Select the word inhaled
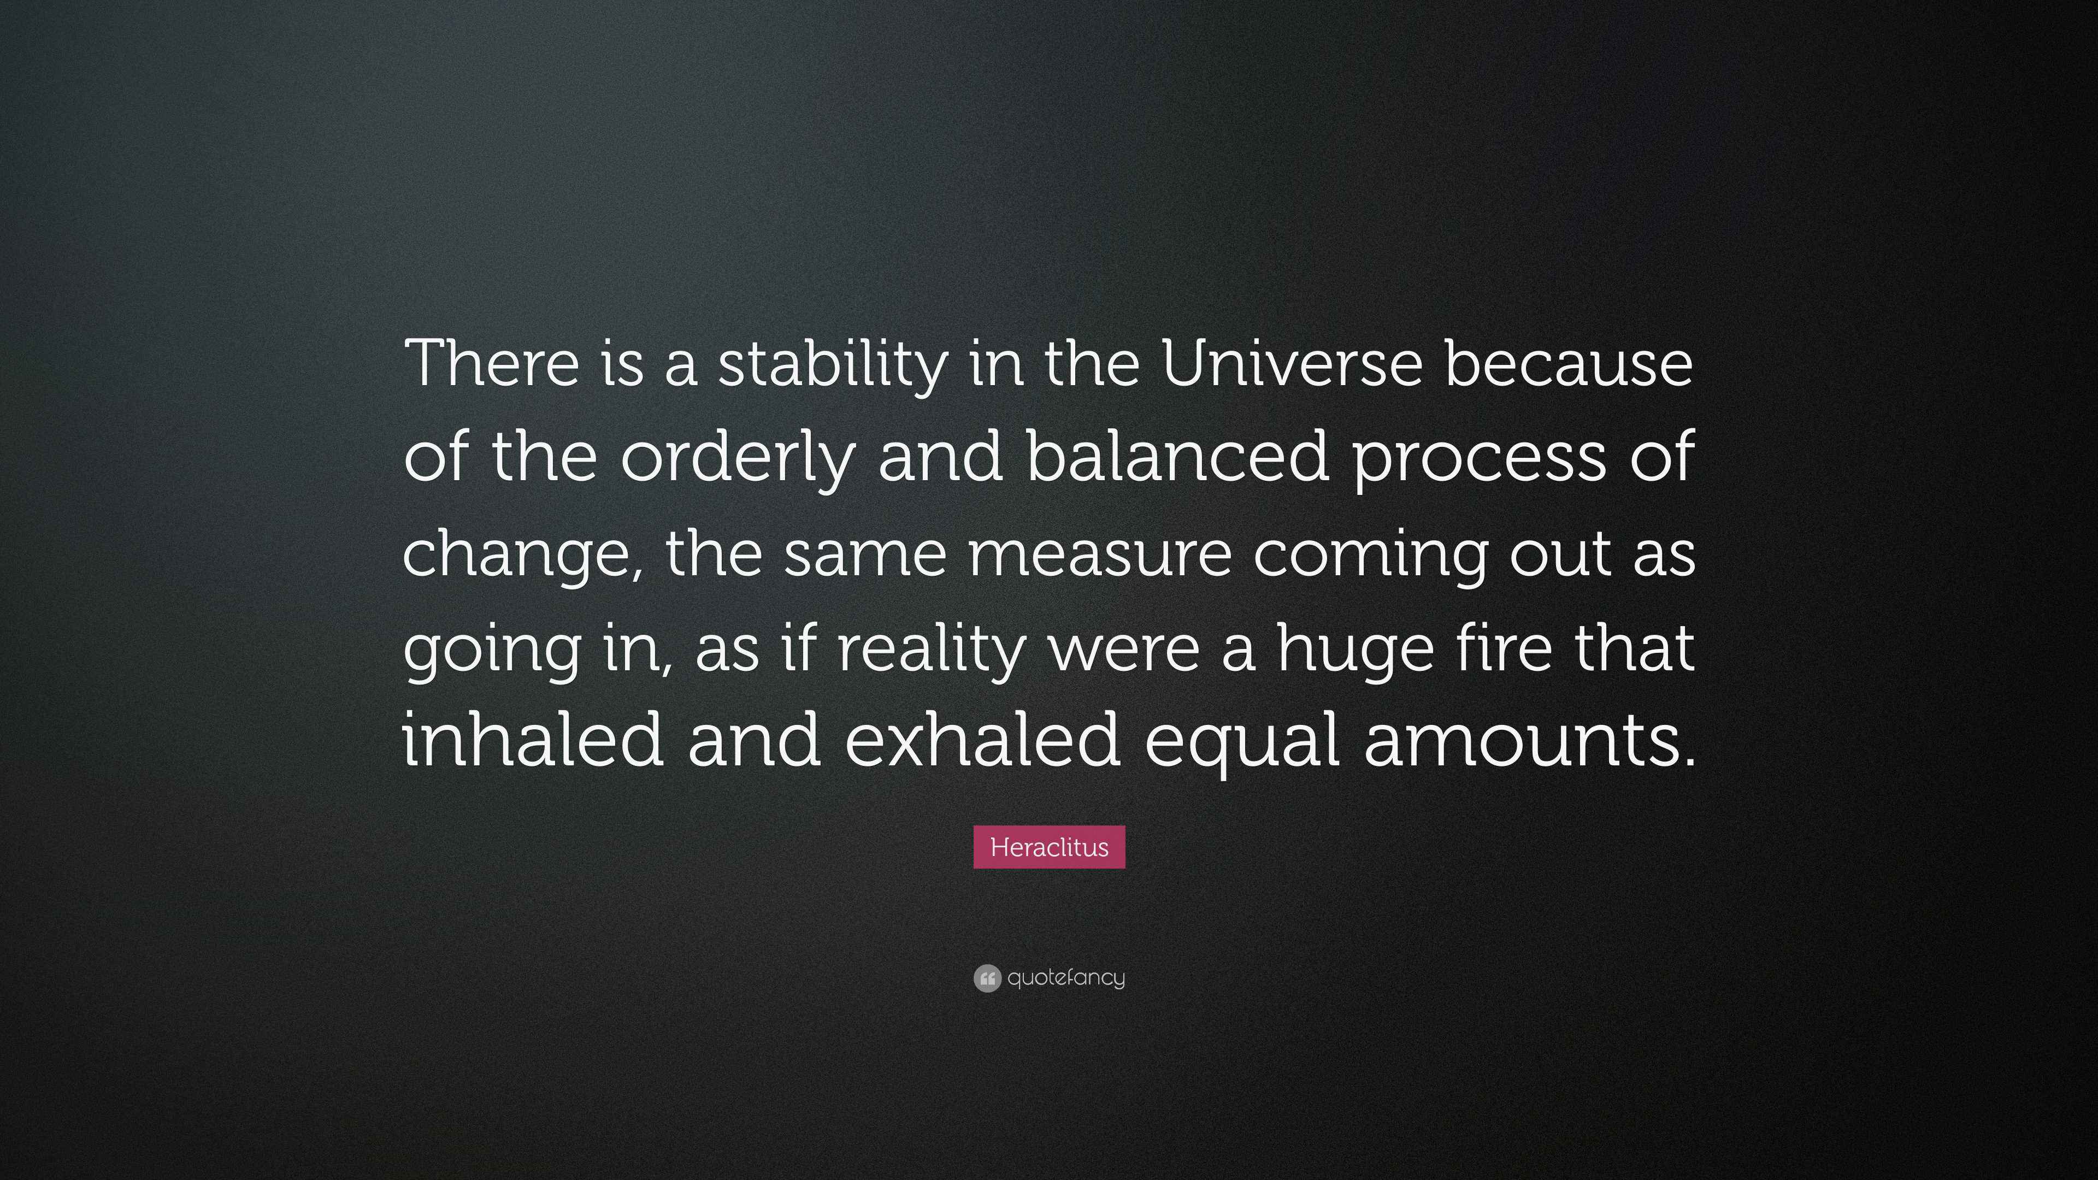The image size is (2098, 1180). pyautogui.click(x=533, y=740)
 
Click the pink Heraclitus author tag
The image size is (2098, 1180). pyautogui.click(x=1049, y=847)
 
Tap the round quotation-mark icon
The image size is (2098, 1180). pyautogui.click(x=986, y=978)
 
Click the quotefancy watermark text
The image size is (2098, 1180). pyautogui.click(x=1066, y=977)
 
